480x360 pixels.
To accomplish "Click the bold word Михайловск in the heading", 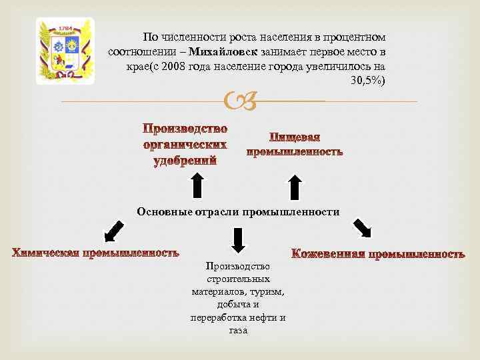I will [x=217, y=51].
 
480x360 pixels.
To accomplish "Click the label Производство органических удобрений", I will [x=185, y=144].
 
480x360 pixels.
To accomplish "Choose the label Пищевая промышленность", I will [x=295, y=145].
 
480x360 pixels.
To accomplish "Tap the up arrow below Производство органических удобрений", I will [x=197, y=185].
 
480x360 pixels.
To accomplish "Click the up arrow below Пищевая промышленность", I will [x=295, y=187].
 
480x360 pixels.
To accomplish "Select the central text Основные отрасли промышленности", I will [x=238, y=212].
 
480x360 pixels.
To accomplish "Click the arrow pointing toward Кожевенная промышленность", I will [x=362, y=228].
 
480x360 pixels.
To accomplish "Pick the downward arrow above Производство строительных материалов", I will [x=238, y=239].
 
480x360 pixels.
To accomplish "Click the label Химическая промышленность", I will [x=95, y=253].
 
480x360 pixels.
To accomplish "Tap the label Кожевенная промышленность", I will [x=378, y=254].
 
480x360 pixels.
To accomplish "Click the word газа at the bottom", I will [x=238, y=330].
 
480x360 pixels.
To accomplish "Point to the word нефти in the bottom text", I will [x=261, y=317].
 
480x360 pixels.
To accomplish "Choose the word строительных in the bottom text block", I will [x=238, y=279].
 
